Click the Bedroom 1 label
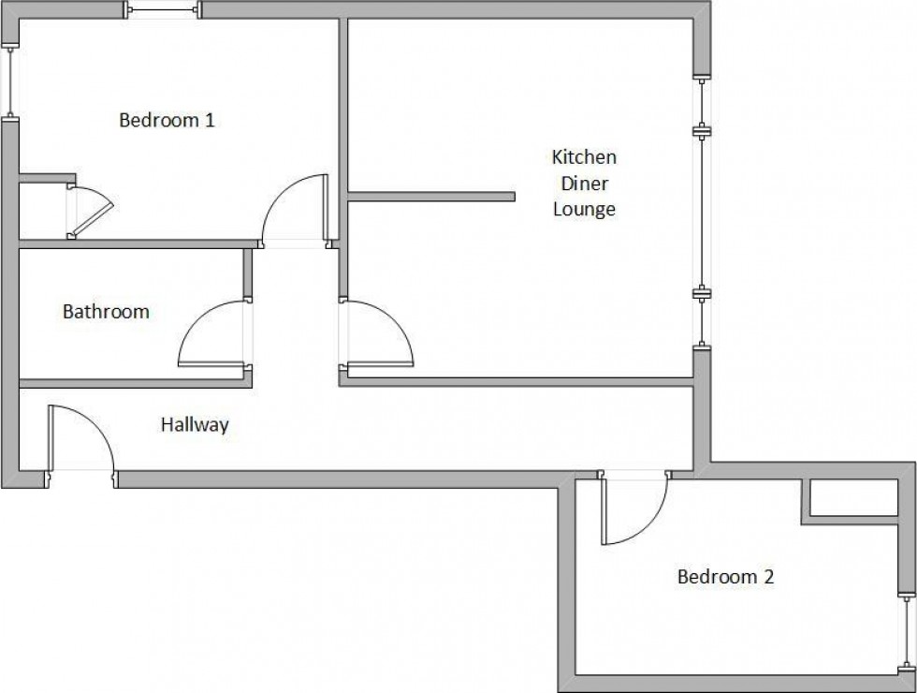(x=167, y=120)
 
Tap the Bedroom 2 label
(x=725, y=577)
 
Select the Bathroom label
(x=106, y=311)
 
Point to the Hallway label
(x=195, y=424)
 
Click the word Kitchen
(x=584, y=157)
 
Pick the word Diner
(x=585, y=184)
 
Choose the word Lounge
(x=584, y=209)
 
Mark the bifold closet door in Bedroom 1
(x=90, y=212)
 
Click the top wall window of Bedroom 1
(x=163, y=9)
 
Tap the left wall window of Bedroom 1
(x=10, y=82)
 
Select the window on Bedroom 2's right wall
(x=907, y=632)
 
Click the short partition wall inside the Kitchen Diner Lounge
(x=431, y=197)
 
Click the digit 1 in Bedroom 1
(x=210, y=120)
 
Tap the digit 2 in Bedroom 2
(x=768, y=577)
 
